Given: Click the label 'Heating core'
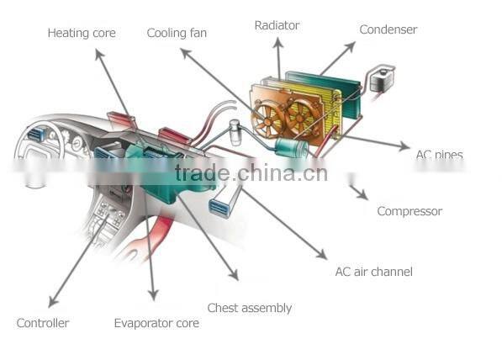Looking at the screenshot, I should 82,34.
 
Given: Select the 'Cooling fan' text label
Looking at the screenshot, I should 177,34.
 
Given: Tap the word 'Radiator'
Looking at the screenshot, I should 277,26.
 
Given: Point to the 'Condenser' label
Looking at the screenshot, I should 388,29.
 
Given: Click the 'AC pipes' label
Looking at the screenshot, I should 439,155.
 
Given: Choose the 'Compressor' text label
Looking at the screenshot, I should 410,211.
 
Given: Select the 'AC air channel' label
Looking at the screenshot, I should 373,272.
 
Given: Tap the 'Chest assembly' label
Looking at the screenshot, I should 250,308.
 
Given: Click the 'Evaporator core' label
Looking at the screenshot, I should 156,323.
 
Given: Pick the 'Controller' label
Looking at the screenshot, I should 43,323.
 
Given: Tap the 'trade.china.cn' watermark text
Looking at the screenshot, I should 251,174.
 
